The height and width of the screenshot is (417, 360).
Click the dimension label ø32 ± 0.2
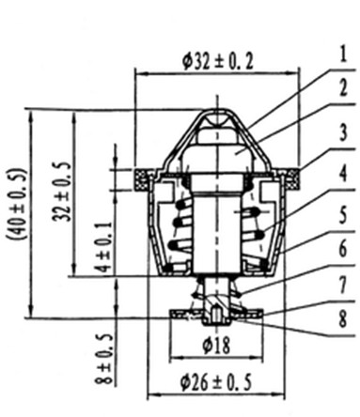click(218, 62)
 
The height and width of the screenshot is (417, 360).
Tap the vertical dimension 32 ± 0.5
click(62, 192)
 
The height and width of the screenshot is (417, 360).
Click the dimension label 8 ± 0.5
click(104, 359)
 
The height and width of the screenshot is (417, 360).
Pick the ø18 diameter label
click(216, 346)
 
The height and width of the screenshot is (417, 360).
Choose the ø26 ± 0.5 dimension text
click(216, 382)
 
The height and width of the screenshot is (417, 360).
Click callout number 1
click(343, 54)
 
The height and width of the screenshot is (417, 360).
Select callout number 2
click(343, 87)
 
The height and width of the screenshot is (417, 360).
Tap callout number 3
click(343, 132)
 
